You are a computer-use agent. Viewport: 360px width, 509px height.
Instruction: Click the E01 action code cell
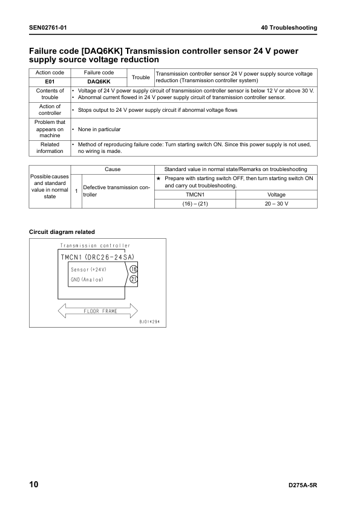[50, 81]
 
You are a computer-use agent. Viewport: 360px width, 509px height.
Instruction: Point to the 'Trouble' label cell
[140, 77]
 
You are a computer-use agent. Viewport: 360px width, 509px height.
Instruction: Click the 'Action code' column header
[50, 73]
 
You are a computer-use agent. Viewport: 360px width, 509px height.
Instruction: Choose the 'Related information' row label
[50, 148]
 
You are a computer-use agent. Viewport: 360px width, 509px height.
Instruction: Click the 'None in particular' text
[99, 129]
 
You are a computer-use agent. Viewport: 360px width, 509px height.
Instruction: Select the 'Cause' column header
[113, 169]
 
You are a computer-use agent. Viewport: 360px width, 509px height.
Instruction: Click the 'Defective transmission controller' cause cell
[116, 191]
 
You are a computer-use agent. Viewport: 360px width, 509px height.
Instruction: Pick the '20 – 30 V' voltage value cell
[277, 204]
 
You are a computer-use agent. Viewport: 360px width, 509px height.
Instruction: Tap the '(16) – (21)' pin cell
[195, 204]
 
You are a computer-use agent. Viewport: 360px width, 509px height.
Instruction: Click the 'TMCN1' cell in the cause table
[195, 195]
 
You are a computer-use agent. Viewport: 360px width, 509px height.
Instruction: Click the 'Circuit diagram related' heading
[62, 232]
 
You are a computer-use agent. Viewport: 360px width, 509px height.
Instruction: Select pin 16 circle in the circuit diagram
[134, 269]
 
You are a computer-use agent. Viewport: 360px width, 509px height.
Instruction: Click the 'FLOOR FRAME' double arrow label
[100, 311]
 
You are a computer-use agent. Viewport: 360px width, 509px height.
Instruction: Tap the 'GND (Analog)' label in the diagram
[87, 279]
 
